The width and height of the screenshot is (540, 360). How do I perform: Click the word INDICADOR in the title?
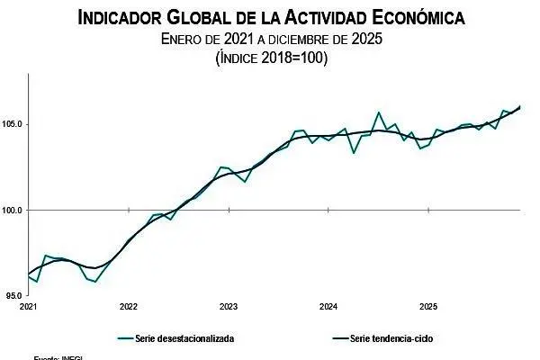[121, 17]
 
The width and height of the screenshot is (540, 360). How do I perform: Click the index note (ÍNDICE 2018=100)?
[270, 58]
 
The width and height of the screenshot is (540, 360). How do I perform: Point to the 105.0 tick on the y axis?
[13, 125]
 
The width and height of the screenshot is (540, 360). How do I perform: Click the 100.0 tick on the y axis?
[13, 211]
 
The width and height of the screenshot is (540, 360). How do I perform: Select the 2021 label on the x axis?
[28, 307]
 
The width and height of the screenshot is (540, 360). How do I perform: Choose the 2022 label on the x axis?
[128, 307]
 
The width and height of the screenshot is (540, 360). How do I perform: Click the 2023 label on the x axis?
[228, 307]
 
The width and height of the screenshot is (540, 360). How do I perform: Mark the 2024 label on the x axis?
[328, 307]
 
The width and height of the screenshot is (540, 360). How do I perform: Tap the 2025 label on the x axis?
[428, 307]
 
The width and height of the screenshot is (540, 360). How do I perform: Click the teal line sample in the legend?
[127, 338]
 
